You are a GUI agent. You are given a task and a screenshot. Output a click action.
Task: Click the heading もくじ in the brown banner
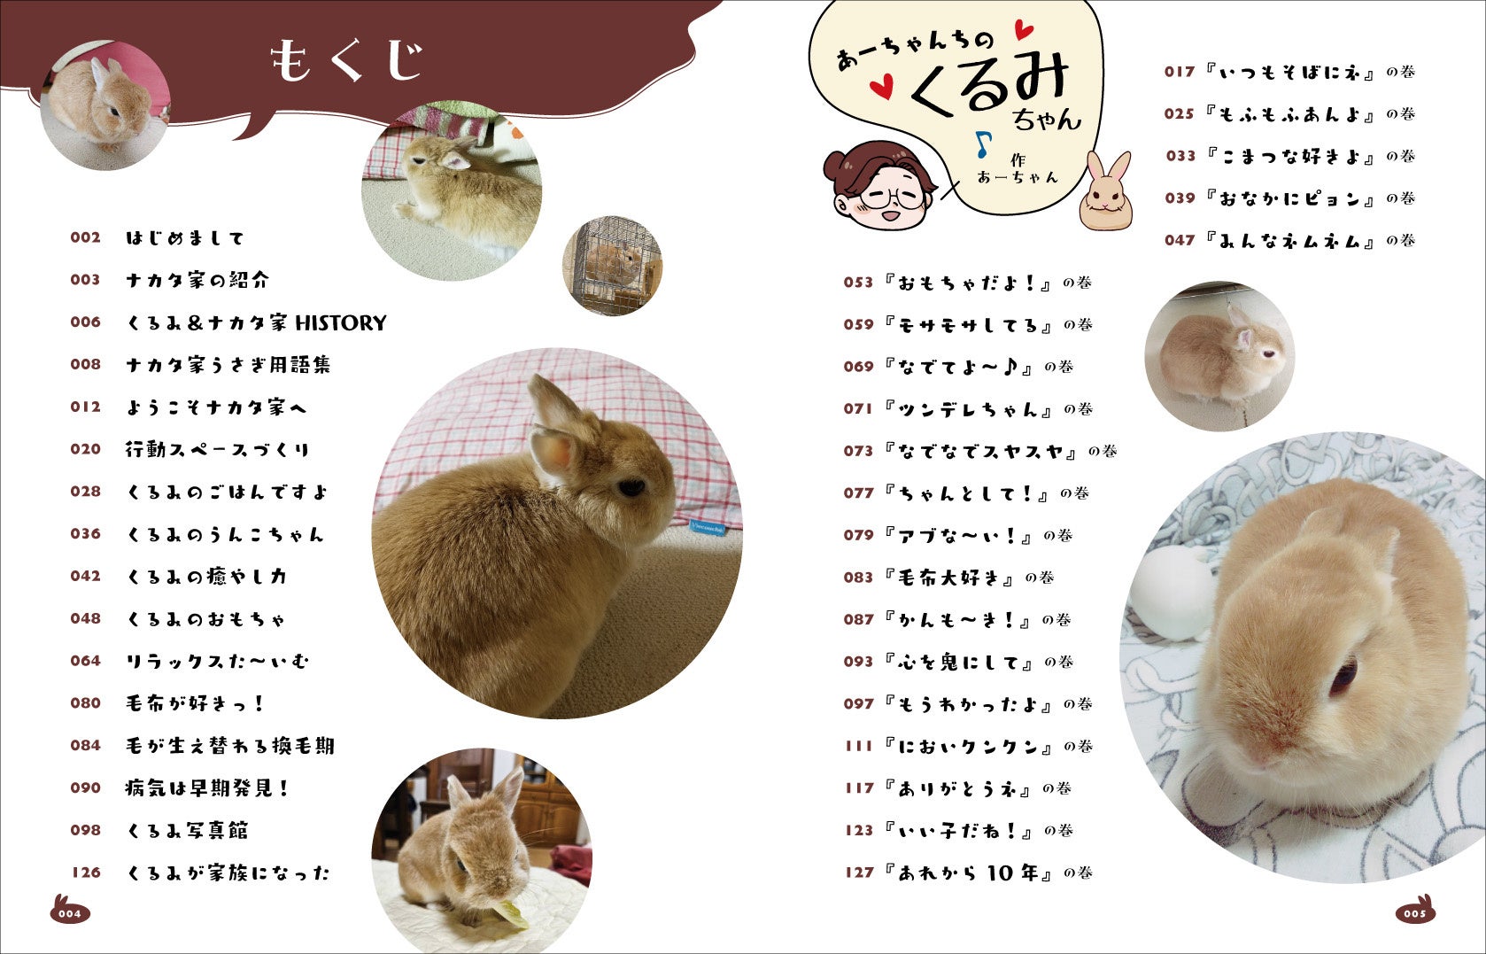tap(346, 60)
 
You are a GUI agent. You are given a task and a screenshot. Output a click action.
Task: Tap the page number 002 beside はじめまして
tap(86, 237)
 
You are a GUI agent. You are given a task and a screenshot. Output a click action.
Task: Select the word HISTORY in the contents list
tap(340, 323)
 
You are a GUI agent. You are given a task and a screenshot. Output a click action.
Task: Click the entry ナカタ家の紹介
tap(197, 280)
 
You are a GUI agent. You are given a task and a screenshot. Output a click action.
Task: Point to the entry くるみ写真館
tap(187, 831)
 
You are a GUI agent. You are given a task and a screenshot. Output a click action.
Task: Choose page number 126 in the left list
tap(86, 873)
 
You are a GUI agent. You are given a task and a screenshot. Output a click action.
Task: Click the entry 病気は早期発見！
tap(207, 788)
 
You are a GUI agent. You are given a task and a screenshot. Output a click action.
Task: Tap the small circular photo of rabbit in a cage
tap(612, 266)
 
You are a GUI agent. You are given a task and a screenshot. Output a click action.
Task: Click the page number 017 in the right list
tap(1179, 72)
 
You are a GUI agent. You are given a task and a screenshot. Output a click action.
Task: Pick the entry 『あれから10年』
tap(968, 873)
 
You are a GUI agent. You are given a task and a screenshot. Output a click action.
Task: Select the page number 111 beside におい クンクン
tap(858, 747)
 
